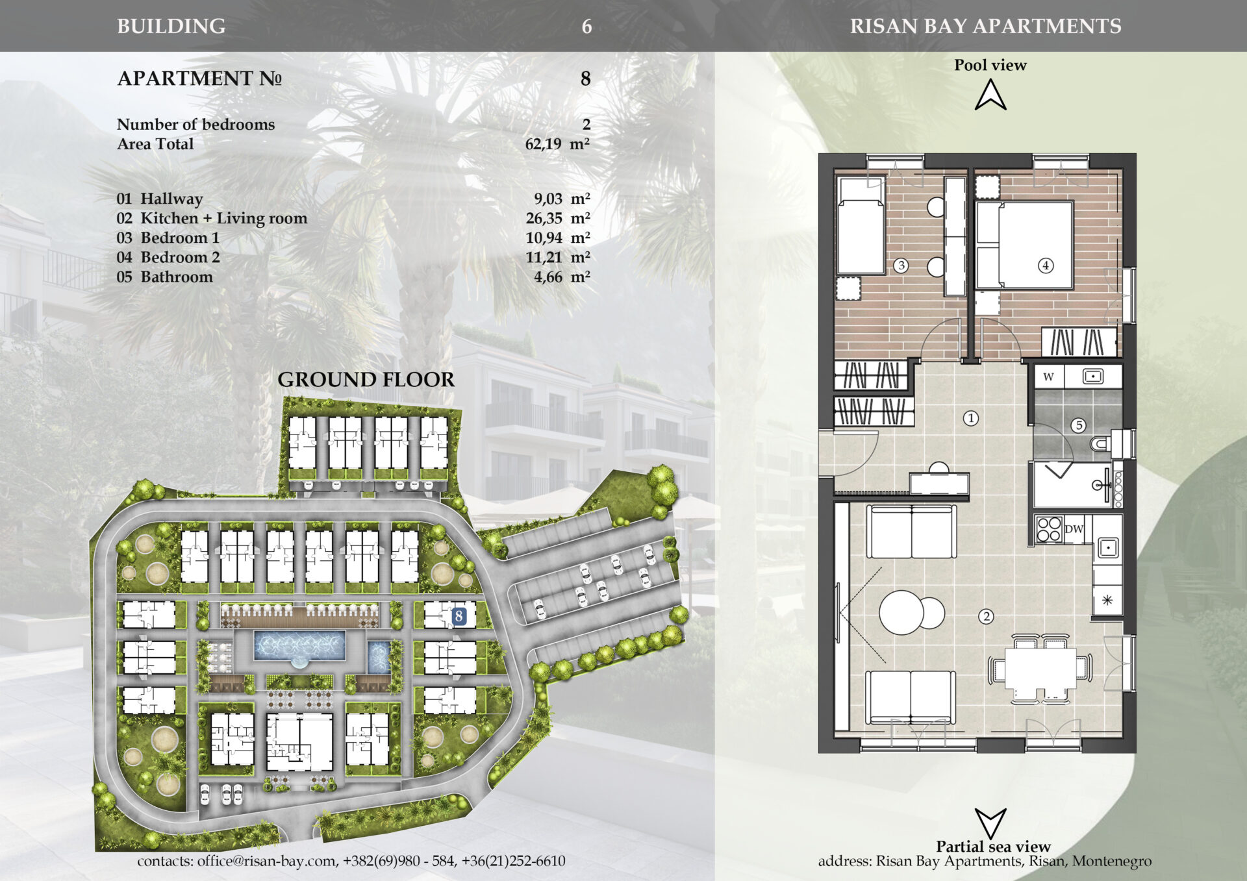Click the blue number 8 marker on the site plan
(459, 615)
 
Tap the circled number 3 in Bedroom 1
(901, 265)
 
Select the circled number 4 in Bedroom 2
(1046, 265)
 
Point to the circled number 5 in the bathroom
(1079, 425)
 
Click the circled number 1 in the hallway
(971, 418)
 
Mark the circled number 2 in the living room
(986, 616)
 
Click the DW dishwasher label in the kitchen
(1074, 529)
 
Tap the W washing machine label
(1048, 377)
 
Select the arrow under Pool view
(990, 95)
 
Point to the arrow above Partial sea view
(990, 823)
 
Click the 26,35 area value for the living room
(544, 218)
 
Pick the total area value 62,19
(543, 143)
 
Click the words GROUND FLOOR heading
(366, 380)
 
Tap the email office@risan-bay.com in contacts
(266, 861)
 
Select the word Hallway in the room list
(171, 199)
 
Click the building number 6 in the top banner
(586, 27)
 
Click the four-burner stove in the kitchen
(1048, 528)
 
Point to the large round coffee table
(901, 612)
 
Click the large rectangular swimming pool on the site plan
(299, 645)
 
